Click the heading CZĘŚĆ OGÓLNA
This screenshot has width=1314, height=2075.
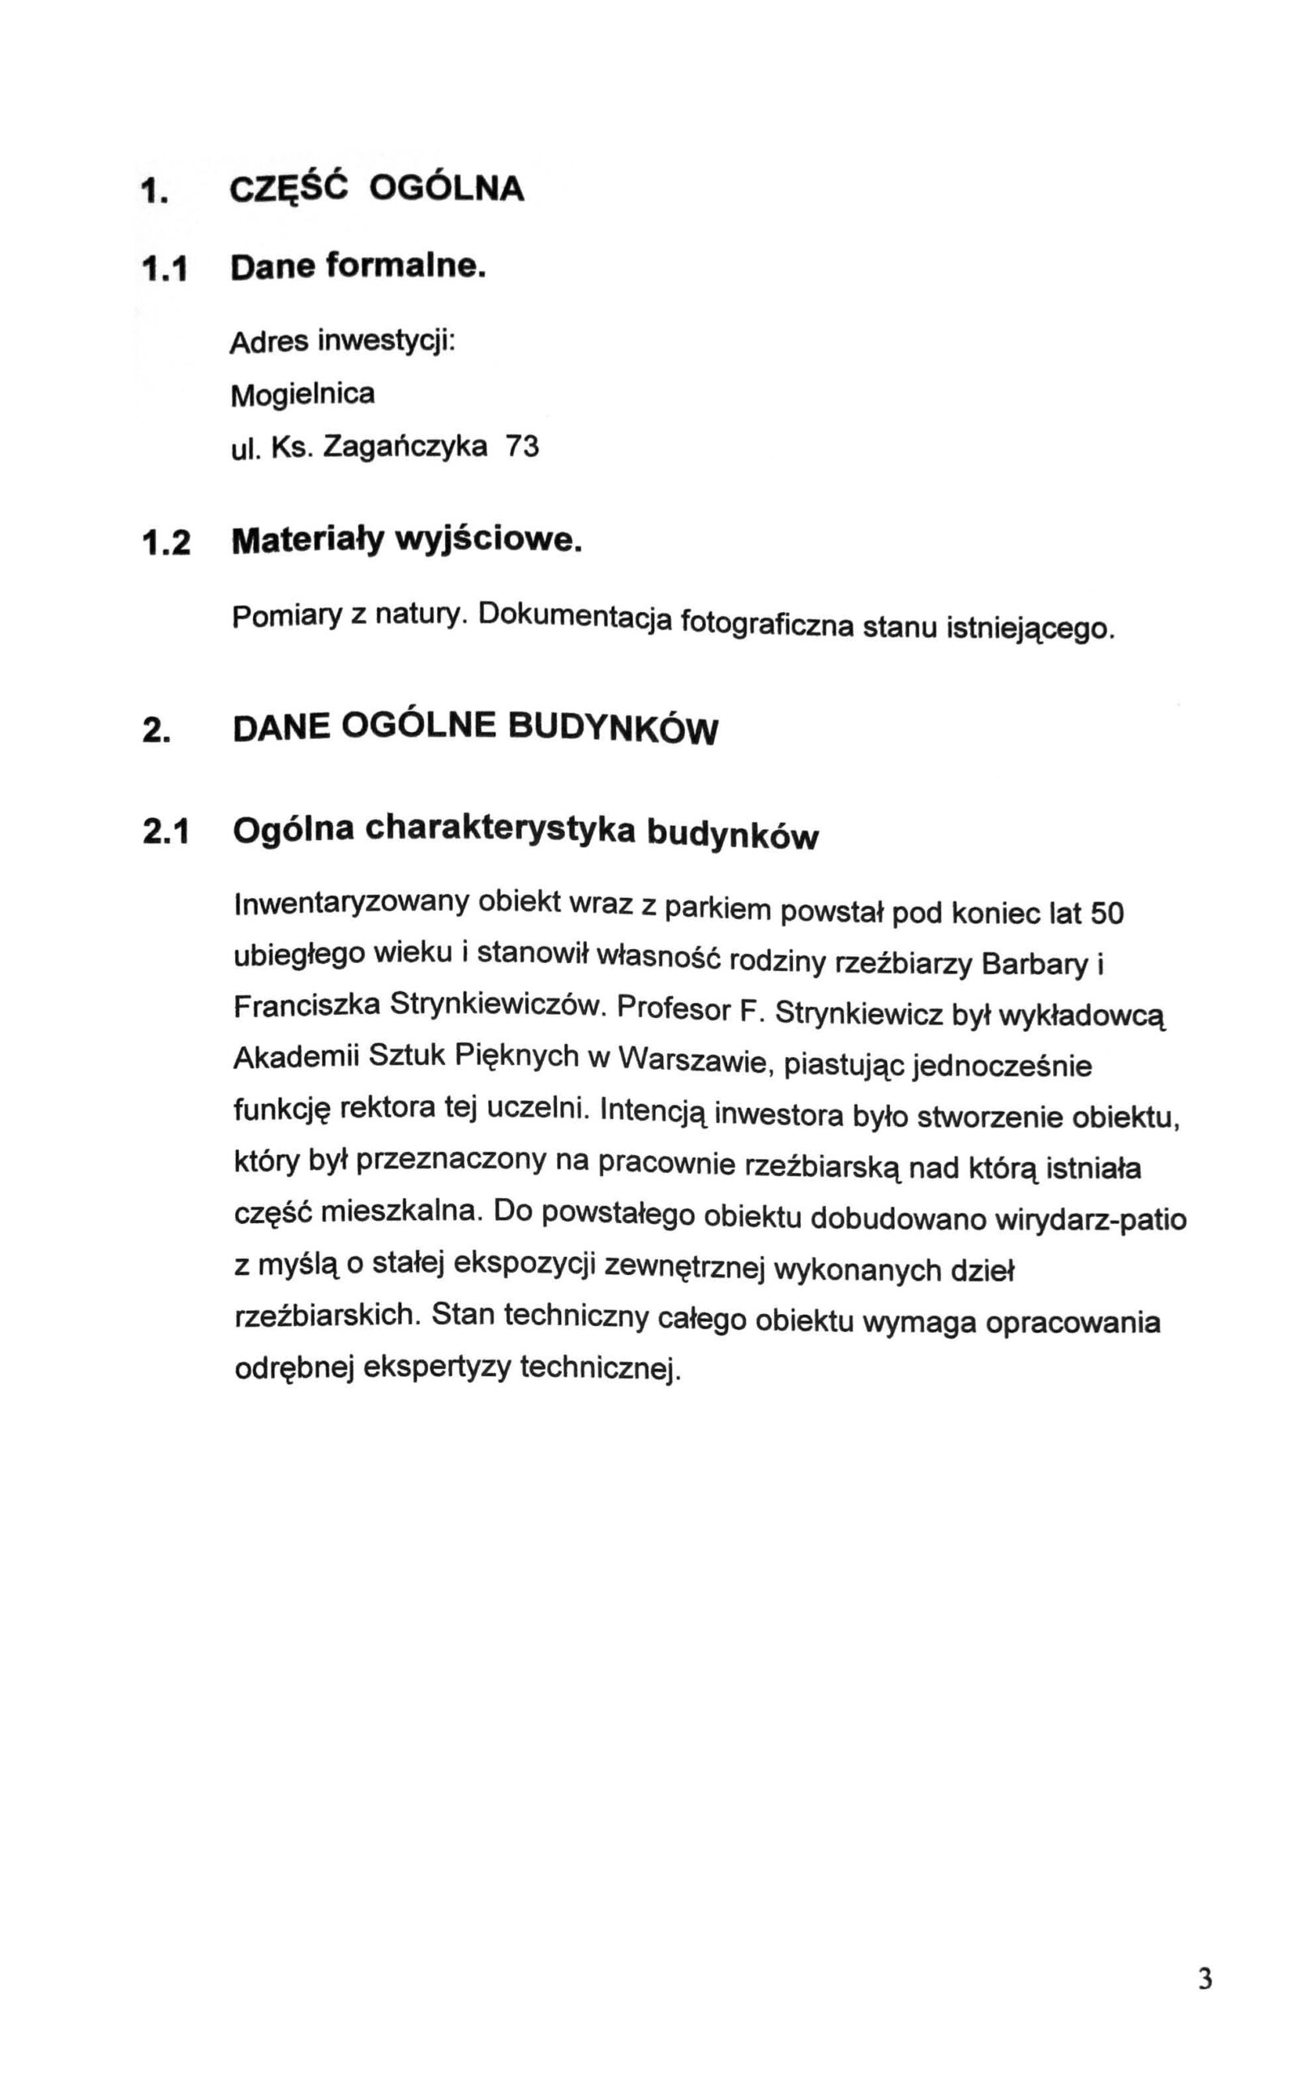[377, 188]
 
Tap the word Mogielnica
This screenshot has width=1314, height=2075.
[302, 394]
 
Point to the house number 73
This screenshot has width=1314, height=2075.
[522, 447]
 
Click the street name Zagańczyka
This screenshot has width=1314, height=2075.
[402, 447]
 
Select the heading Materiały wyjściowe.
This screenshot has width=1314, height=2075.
[401, 543]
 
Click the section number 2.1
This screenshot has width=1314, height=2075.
[167, 830]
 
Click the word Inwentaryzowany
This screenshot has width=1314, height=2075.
[352, 903]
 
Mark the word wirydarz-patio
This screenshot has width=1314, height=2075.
[1089, 1220]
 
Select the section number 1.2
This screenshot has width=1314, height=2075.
[167, 544]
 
